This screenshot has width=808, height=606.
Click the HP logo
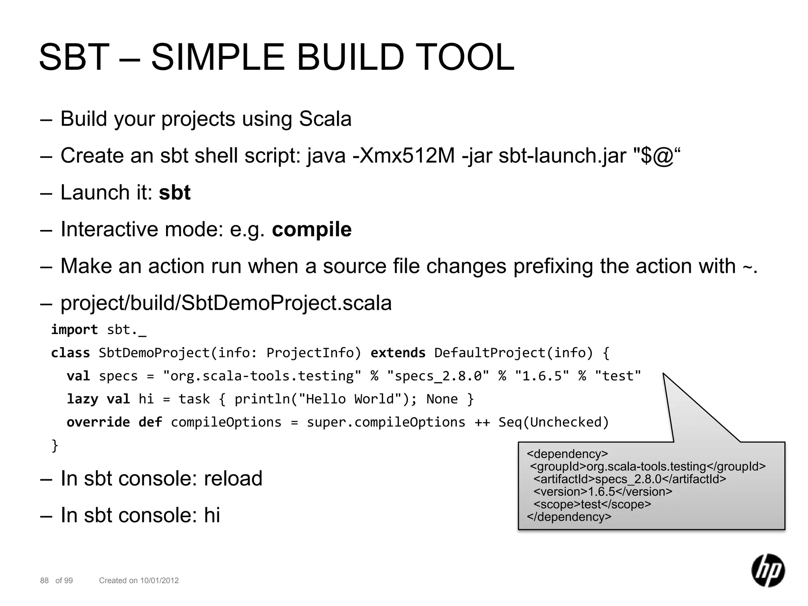pos(768,570)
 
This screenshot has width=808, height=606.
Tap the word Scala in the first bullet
pos(325,119)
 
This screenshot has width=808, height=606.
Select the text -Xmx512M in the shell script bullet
pos(404,155)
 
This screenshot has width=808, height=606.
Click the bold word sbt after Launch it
pos(174,193)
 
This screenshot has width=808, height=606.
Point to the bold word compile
pos(312,229)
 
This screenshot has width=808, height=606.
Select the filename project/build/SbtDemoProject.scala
pos(226,303)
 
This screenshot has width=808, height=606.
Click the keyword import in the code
pos(74,329)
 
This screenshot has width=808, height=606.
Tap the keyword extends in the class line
pos(398,353)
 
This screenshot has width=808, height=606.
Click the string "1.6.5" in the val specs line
pos(542,376)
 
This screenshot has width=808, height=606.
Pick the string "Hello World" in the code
pos(351,399)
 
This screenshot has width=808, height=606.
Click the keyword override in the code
pos(98,422)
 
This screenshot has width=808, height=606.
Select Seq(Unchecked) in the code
pos(554,422)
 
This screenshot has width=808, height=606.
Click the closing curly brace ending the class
pos(55,446)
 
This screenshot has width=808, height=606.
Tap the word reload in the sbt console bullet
pos(233,479)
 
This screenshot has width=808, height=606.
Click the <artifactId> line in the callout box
pos(630,479)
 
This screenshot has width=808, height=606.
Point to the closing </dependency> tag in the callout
pos(569,516)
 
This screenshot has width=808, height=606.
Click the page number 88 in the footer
pos(44,580)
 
